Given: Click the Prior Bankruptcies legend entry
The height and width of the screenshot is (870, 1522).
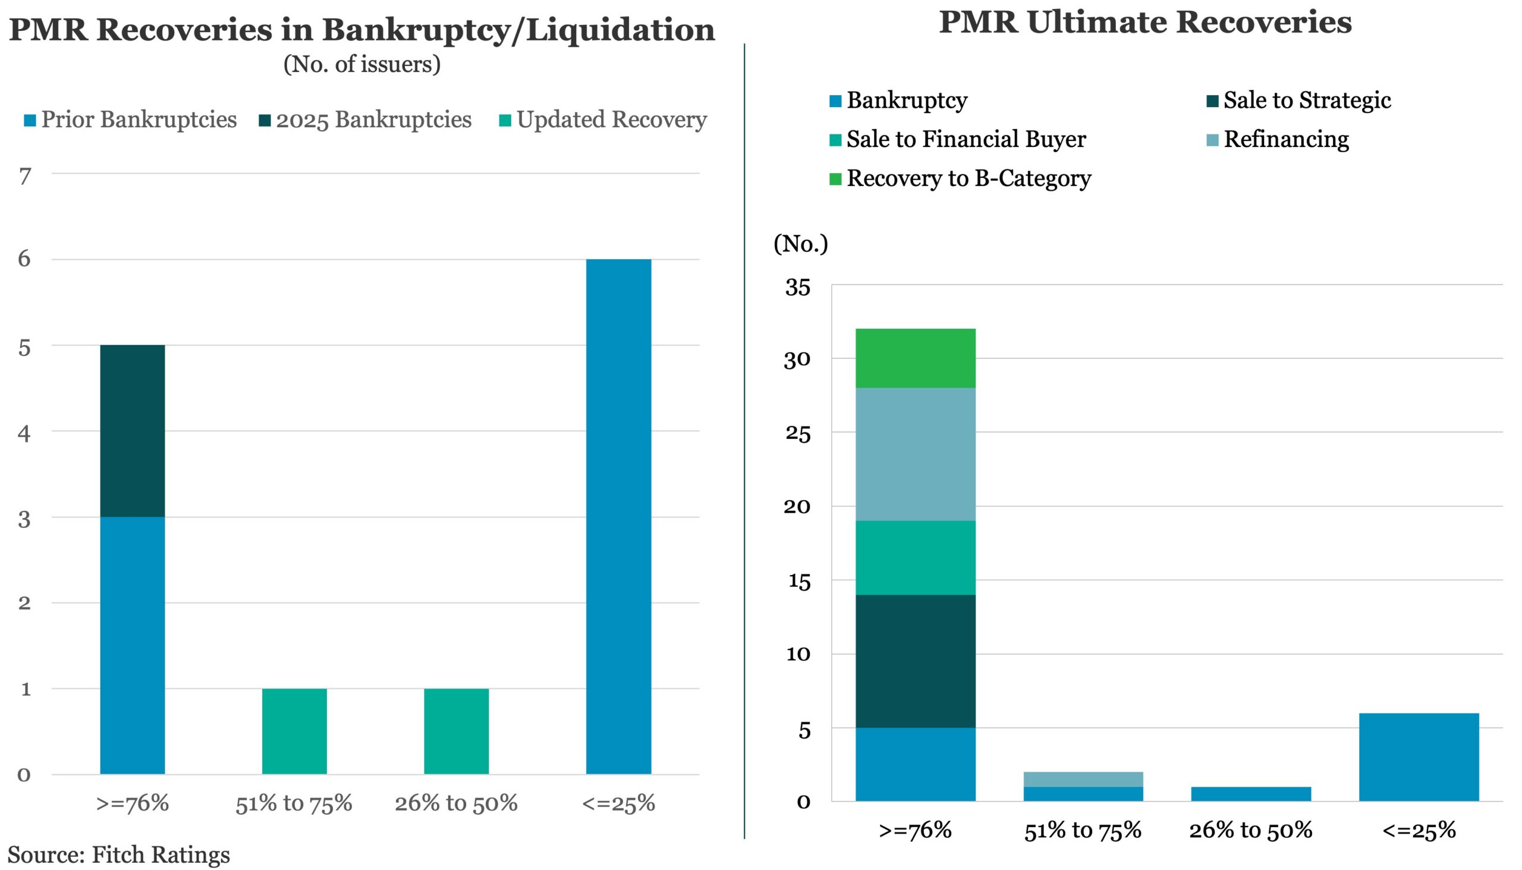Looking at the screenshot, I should (x=130, y=120).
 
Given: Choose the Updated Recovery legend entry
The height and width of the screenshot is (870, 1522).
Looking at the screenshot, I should (x=603, y=120).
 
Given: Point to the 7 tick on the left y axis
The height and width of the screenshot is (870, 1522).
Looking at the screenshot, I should (x=24, y=176).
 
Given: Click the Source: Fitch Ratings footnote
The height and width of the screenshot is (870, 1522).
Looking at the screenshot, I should (x=118, y=855).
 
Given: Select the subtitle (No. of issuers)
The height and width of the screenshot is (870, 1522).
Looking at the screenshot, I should (x=362, y=64).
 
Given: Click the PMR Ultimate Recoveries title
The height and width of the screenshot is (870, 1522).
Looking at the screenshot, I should (x=1145, y=23).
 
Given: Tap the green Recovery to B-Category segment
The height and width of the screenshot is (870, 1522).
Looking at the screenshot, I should (x=915, y=358).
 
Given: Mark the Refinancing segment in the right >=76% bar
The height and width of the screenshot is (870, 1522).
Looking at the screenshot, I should (x=915, y=454).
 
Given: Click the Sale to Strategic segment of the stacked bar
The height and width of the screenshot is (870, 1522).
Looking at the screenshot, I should (x=915, y=661).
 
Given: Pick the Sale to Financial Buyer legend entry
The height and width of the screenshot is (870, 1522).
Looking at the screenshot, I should (x=958, y=140).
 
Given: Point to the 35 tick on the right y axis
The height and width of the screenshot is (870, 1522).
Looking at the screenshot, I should (x=797, y=287).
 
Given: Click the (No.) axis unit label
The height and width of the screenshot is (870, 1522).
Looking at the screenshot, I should (x=800, y=244).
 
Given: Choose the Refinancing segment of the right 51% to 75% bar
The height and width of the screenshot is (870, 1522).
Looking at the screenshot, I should (x=1083, y=779).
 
